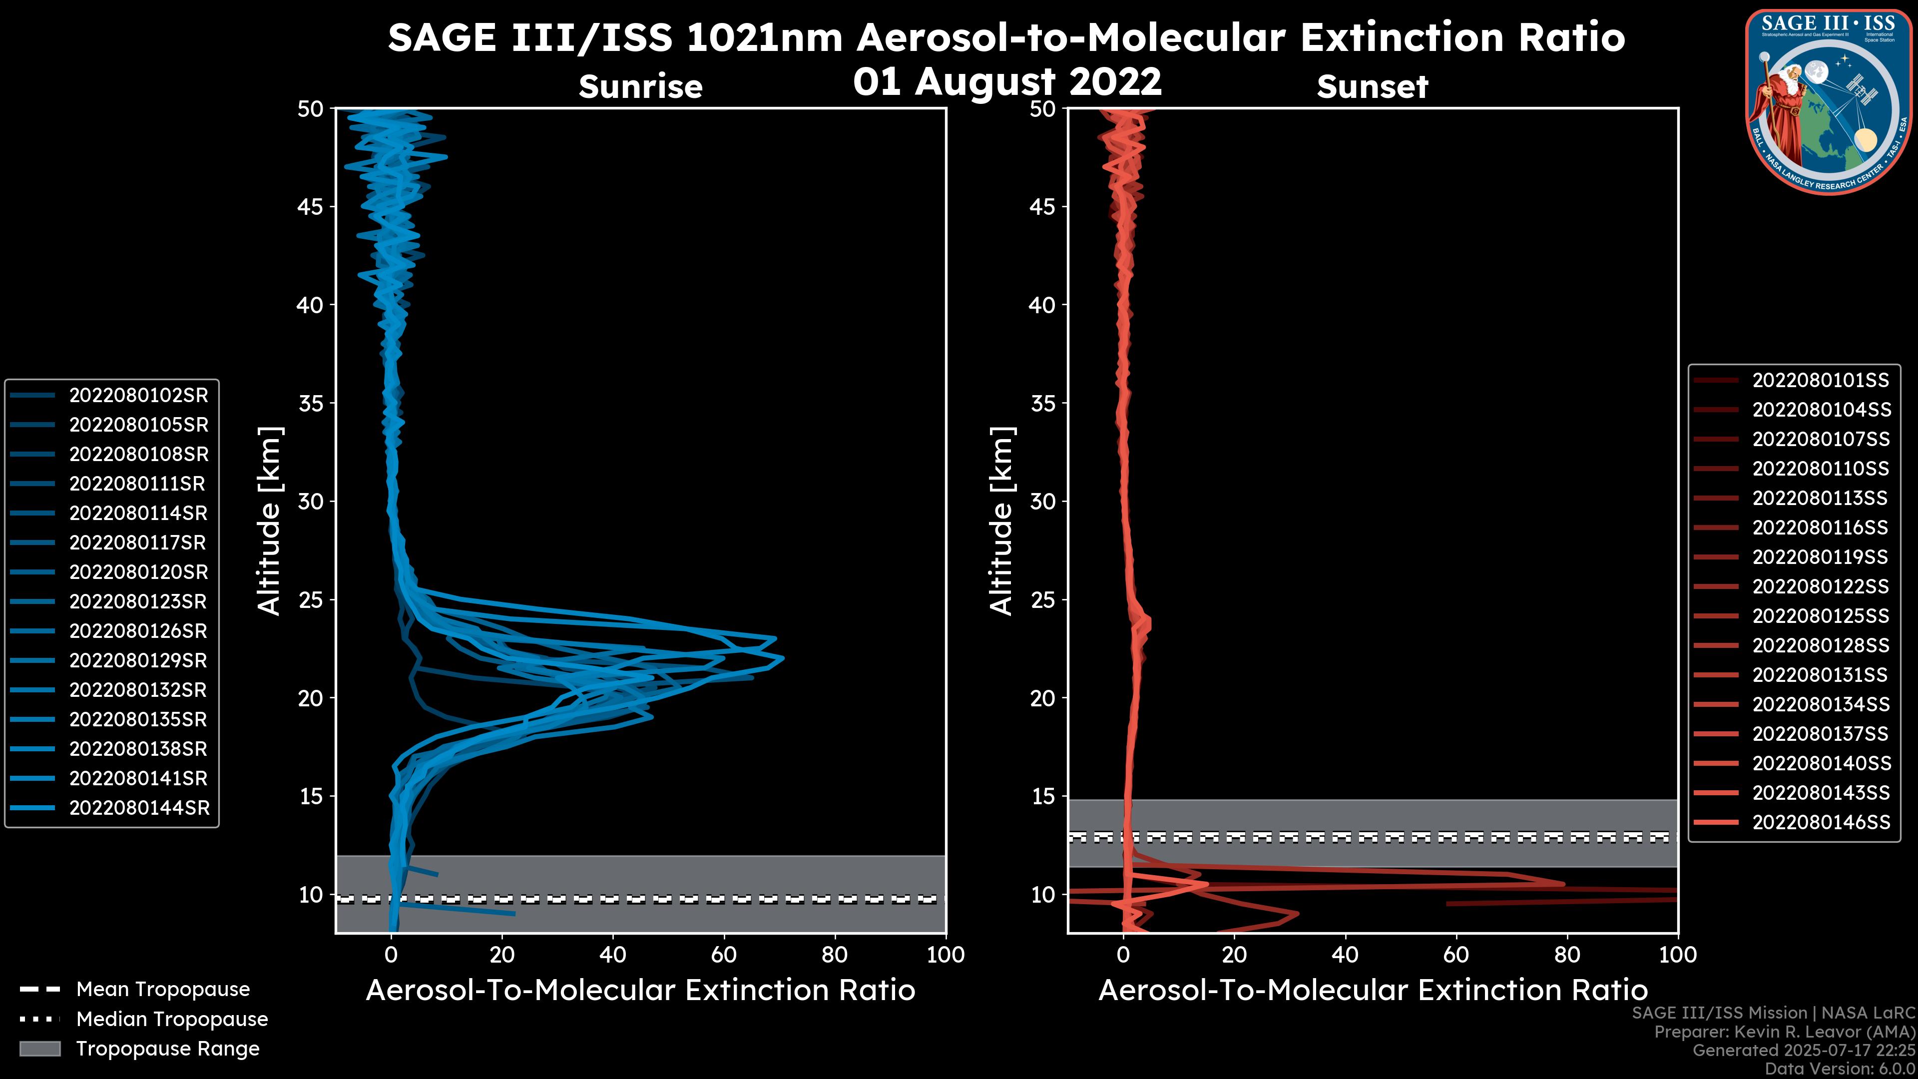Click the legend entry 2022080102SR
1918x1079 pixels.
tap(138, 396)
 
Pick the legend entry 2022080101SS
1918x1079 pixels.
tap(1821, 381)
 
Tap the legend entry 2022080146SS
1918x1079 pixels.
tap(1821, 822)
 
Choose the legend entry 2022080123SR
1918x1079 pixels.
tap(138, 601)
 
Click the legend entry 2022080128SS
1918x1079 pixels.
tap(1821, 645)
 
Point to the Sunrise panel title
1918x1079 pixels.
tap(640, 87)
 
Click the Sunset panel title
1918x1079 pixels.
tap(1372, 87)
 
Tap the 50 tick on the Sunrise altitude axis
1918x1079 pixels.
tap(311, 109)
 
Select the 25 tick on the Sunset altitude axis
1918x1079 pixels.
tap(1043, 599)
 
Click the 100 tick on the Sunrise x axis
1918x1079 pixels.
tap(946, 955)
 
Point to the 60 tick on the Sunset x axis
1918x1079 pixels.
tap(1455, 955)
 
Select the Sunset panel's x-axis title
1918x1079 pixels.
tap(1372, 991)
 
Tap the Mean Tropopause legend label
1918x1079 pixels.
tap(163, 990)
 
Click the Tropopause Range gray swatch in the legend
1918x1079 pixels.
tap(39, 1049)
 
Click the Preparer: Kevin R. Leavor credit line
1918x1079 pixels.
tap(1785, 1032)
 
